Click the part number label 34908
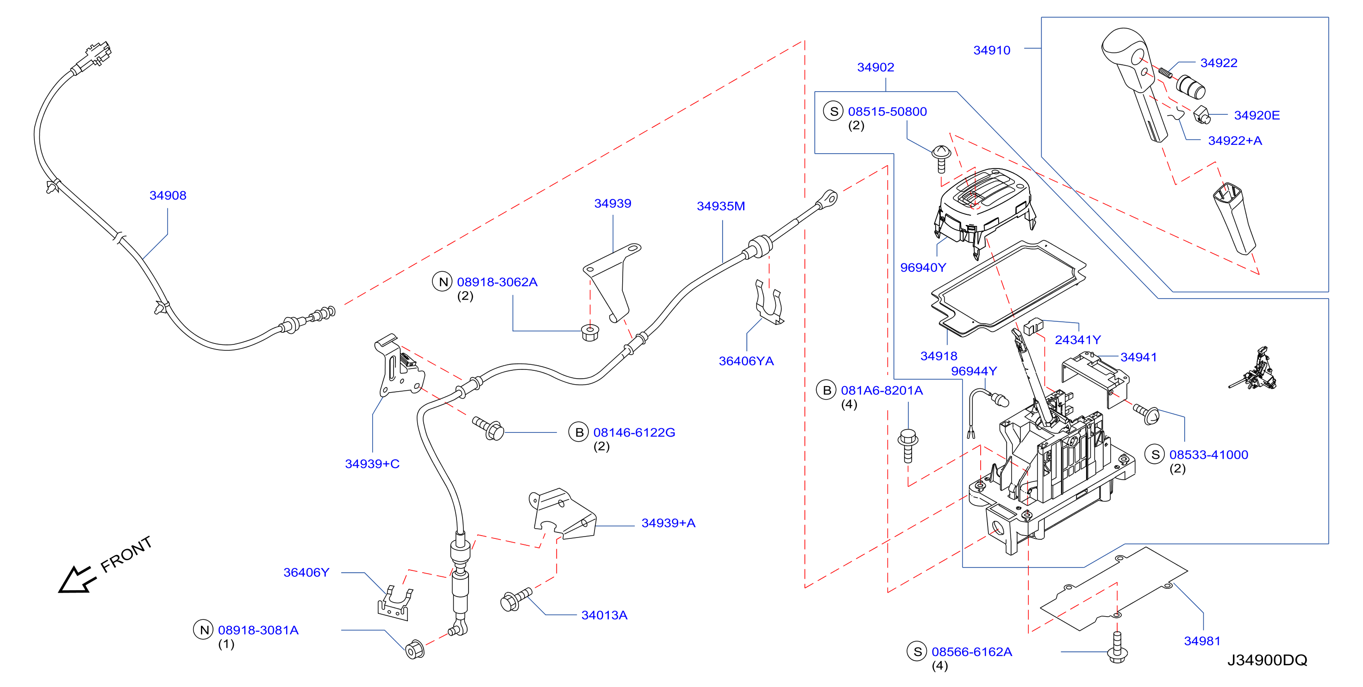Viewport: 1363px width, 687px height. click(x=168, y=195)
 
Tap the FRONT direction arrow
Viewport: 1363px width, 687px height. click(x=77, y=580)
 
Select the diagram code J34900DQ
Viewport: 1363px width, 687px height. click(x=1267, y=660)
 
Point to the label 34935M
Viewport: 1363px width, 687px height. click(x=721, y=206)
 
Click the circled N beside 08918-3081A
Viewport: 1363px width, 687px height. click(x=203, y=630)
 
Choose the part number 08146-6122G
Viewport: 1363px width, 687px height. click(x=634, y=432)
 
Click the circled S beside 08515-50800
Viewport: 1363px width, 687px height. click(x=833, y=111)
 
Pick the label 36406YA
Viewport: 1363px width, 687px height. click(x=746, y=361)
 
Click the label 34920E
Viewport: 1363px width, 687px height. click(x=1257, y=115)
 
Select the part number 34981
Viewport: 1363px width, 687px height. click(x=1202, y=641)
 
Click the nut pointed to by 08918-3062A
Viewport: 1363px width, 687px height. click(x=590, y=332)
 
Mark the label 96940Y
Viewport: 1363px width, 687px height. click(x=923, y=267)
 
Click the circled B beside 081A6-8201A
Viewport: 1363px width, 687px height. click(x=826, y=390)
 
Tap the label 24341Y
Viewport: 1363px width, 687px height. click(x=1078, y=340)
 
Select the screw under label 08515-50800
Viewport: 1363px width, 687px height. click(x=941, y=159)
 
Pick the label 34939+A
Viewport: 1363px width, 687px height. click(x=668, y=523)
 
